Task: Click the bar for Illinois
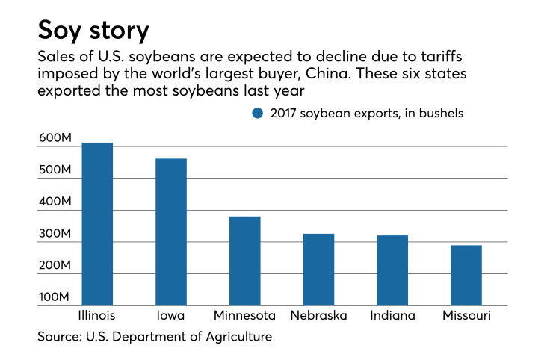click(97, 224)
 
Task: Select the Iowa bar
click(171, 232)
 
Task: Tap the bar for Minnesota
click(244, 261)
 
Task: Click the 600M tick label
click(55, 138)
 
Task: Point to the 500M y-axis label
click(55, 170)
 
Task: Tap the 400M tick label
click(55, 202)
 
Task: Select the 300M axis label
click(55, 235)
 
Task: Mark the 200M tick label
click(55, 267)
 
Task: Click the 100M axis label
click(55, 298)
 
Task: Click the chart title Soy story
click(93, 31)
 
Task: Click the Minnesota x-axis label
click(244, 316)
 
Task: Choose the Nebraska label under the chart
click(318, 316)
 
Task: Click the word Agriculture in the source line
click(237, 337)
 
